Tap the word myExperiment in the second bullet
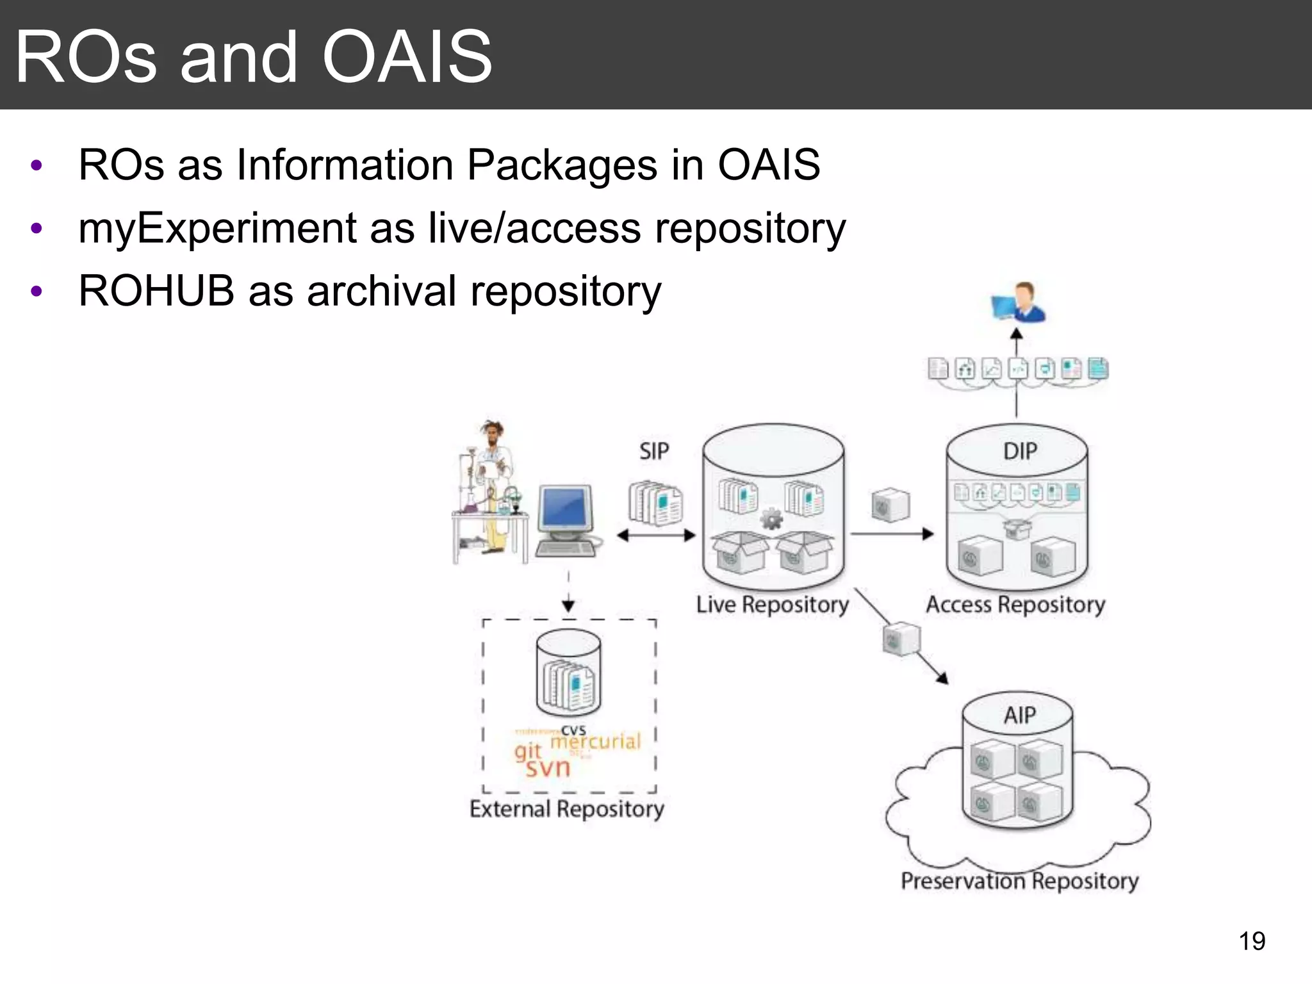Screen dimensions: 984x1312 217,229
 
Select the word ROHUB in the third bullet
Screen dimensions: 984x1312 156,291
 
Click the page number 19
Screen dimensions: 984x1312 1251,941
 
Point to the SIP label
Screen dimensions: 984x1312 654,452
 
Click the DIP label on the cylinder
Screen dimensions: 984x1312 1019,452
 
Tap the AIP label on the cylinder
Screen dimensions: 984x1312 1019,715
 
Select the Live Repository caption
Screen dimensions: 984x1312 772,605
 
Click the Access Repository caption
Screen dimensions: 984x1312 1015,605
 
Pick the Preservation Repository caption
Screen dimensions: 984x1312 1019,881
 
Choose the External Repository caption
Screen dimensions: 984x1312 566,809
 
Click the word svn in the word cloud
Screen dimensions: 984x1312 548,767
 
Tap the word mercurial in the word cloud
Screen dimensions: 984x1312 596,741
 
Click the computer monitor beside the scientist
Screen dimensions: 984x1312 564,510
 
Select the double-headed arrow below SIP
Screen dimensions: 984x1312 655,536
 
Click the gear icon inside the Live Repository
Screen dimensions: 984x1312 771,518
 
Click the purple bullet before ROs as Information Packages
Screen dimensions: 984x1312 37,166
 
